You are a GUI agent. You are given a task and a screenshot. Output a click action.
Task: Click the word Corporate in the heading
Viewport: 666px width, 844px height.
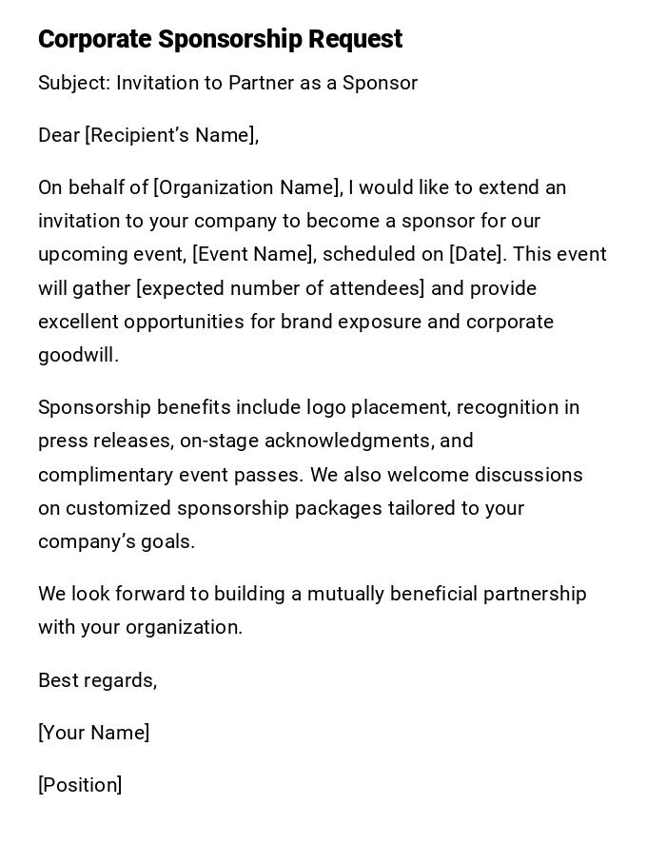(94, 39)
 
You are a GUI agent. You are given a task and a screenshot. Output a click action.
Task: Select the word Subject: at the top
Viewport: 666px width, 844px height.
(73, 83)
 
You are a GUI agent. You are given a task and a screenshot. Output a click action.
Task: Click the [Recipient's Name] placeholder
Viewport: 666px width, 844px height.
(171, 135)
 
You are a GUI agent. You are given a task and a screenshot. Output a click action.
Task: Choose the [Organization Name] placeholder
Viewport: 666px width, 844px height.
(246, 187)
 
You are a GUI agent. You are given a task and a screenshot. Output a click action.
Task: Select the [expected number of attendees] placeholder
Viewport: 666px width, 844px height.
(281, 288)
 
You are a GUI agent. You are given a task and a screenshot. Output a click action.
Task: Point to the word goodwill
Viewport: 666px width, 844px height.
(78, 355)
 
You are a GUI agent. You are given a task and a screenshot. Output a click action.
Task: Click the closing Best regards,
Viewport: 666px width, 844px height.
(97, 680)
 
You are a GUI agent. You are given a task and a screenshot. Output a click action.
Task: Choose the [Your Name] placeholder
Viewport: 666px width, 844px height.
(93, 733)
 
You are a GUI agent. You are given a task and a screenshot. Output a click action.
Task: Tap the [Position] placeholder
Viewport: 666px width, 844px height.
(80, 785)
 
